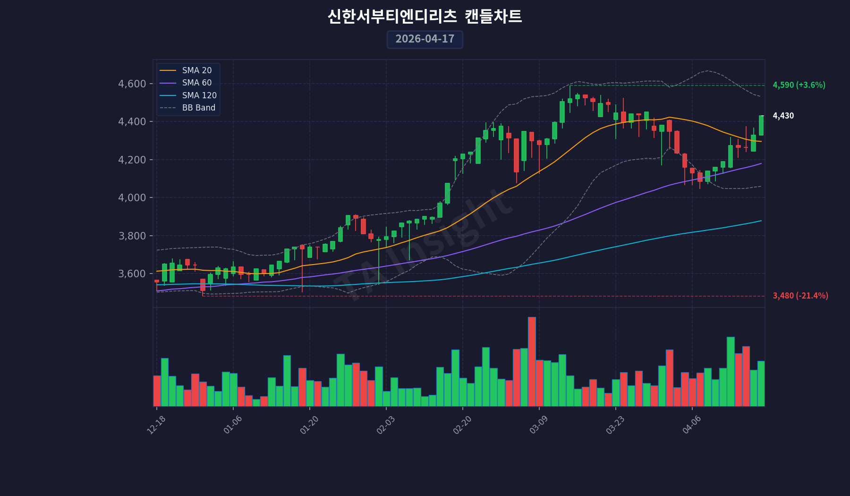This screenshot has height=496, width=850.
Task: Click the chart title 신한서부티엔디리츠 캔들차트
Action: coord(425,17)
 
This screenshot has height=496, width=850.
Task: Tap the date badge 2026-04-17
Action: coord(425,39)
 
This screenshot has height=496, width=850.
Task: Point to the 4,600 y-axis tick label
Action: coord(132,84)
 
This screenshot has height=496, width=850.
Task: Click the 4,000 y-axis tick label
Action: coord(132,197)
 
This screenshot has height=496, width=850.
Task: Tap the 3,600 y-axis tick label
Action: coord(132,274)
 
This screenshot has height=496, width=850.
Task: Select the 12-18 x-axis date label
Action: coord(156,425)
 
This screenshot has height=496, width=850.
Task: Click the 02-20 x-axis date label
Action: coord(462,425)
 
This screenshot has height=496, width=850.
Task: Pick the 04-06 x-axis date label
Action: coord(692,425)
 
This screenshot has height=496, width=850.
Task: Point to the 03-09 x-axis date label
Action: coord(539,425)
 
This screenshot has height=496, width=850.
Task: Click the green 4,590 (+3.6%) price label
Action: coord(799,85)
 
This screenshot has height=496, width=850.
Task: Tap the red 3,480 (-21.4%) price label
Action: coord(800,296)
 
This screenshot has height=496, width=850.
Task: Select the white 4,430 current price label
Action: coord(783,116)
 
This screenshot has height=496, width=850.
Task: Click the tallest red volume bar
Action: coord(532,361)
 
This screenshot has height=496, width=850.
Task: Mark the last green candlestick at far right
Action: coord(761,126)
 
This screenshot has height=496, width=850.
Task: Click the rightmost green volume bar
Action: coord(761,384)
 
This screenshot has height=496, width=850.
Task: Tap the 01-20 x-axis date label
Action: coord(309,425)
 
